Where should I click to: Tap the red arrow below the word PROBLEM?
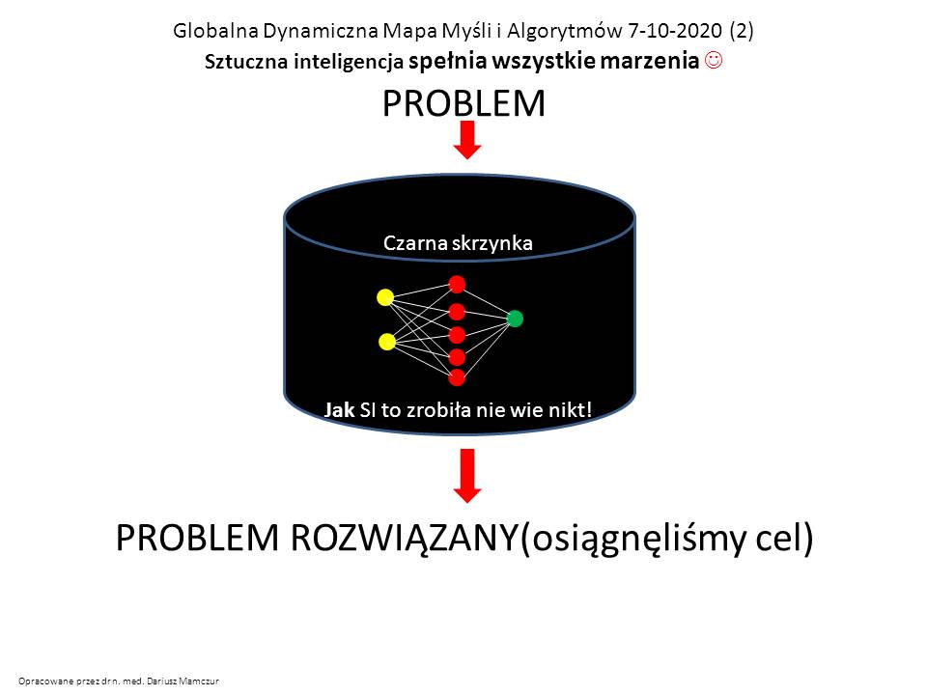coord(467,140)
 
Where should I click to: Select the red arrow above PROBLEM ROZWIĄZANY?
coord(467,476)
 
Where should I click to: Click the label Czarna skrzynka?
coord(458,243)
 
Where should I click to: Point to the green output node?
coord(515,319)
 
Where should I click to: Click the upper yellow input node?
coord(385,297)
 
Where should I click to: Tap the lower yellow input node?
coord(386,342)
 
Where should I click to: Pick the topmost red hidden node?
coord(457,284)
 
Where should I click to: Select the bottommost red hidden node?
coord(457,377)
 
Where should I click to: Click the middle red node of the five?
coord(457,335)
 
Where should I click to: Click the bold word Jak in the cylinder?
coord(339,409)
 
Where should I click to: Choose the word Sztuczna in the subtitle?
coord(246,62)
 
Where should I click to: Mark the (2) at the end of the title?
coord(742,30)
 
